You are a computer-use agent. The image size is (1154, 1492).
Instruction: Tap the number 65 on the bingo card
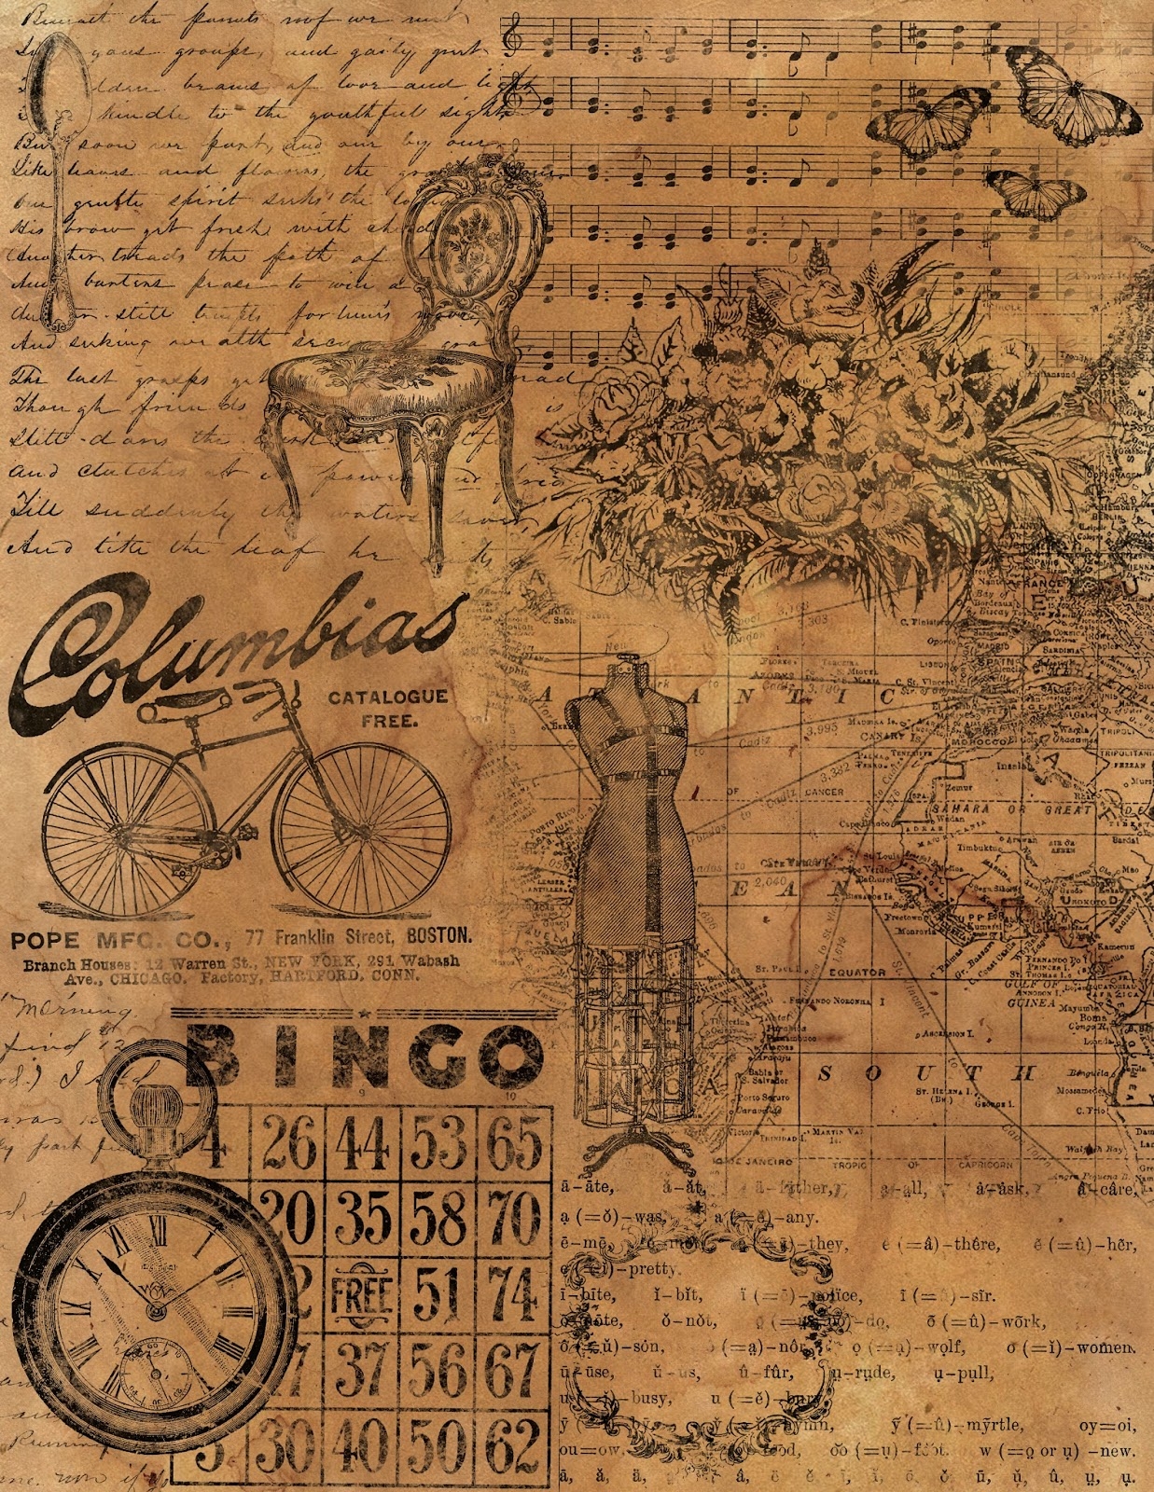pyautogui.click(x=514, y=1144)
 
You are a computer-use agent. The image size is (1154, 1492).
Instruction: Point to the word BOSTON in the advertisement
pyautogui.click(x=437, y=935)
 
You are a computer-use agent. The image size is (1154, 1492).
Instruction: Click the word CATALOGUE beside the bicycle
pyautogui.click(x=387, y=697)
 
